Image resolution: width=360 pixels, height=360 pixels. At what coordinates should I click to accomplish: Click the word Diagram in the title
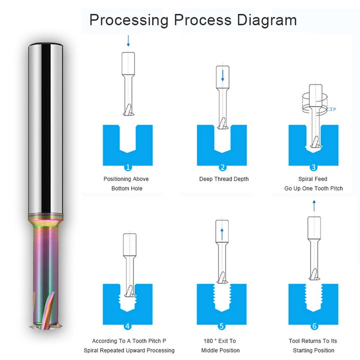coord(267,20)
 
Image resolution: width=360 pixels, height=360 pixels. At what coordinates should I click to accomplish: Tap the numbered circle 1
coord(128,167)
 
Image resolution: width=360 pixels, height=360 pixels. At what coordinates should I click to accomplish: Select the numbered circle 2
coord(222,167)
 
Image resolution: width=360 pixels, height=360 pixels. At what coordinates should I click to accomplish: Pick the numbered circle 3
coord(313,167)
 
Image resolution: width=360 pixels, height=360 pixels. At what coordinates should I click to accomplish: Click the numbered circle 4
coord(127,326)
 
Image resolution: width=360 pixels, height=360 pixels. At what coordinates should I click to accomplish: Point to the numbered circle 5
coord(221,326)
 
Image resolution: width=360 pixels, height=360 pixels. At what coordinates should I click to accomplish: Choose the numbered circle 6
coord(314,326)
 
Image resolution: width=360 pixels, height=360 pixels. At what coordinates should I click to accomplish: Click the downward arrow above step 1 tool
coord(128,40)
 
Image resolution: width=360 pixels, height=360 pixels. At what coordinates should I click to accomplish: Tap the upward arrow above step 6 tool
coord(314,205)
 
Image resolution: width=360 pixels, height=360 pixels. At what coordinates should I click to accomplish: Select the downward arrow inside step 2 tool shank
coord(222,75)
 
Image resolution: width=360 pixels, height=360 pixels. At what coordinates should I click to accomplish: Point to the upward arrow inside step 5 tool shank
coord(222,234)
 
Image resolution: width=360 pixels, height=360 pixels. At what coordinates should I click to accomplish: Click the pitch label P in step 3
coord(334,109)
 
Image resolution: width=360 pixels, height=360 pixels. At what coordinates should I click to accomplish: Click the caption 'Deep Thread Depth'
coord(224,179)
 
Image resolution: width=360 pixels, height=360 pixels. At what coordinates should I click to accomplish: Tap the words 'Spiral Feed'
coord(312,179)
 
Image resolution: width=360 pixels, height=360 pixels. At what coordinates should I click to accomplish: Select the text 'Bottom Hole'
coord(126,188)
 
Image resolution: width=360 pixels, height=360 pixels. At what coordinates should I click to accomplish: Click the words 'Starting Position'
coord(313,350)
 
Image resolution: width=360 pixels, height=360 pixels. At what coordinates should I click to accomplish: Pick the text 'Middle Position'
coord(220,350)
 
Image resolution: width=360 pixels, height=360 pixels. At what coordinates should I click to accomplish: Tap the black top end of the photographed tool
coord(45,44)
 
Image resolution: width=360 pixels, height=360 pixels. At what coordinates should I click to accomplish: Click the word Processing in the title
coord(129,20)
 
